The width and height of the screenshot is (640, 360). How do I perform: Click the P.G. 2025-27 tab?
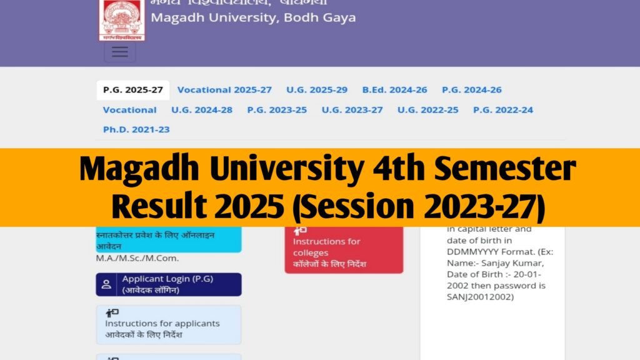click(x=132, y=90)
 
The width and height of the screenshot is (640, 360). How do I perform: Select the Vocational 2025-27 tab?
click(x=224, y=90)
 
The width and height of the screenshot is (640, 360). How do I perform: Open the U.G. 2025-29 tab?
click(x=317, y=90)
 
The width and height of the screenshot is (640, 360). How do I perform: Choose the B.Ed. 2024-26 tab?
click(x=394, y=90)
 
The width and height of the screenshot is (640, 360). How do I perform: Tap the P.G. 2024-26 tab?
click(x=471, y=90)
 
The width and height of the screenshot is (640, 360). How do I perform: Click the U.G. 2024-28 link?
click(x=202, y=110)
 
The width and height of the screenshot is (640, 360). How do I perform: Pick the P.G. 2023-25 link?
click(x=277, y=110)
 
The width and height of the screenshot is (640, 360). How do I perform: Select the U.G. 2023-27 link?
click(x=352, y=110)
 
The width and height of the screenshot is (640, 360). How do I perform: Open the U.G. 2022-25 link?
click(x=427, y=110)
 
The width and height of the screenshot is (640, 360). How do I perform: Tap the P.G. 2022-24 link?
click(x=502, y=110)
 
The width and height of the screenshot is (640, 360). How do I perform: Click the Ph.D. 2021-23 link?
click(x=136, y=130)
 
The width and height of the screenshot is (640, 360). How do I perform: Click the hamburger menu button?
click(x=119, y=52)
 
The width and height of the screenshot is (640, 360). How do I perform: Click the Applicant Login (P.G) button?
click(x=168, y=284)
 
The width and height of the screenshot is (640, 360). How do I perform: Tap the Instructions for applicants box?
click(x=168, y=325)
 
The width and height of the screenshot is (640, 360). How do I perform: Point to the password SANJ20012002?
click(x=480, y=297)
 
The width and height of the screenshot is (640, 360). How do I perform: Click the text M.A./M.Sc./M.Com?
click(x=132, y=258)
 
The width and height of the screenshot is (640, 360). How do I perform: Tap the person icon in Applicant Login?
click(x=107, y=285)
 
